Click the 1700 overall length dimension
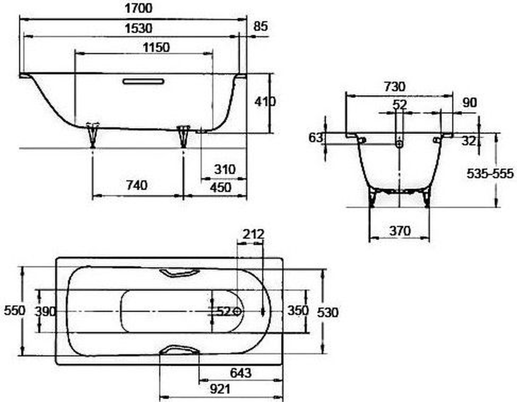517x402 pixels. coord(139,8)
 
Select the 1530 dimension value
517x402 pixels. coord(139,28)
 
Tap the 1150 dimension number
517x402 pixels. coord(156,48)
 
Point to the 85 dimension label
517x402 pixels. coord(261,26)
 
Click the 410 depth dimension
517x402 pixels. coord(265,102)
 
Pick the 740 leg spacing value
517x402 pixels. coord(137,185)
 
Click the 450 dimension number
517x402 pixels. coord(220,187)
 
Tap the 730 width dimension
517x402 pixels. coord(394,87)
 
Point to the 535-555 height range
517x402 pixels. coord(490,174)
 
